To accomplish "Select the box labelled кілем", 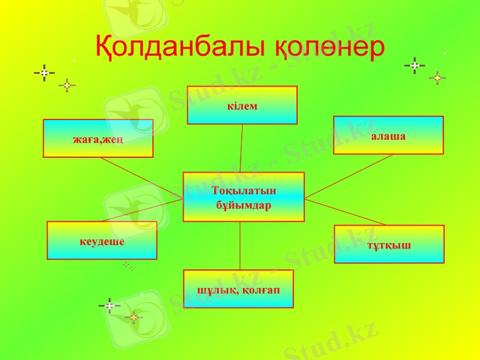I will coord(242,105).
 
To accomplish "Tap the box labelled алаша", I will coord(388,135).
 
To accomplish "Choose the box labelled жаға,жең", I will coord(98,139).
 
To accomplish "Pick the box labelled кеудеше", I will coord(102,240).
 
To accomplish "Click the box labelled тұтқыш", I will coord(389,244).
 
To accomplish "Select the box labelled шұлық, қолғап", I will coord(238,289).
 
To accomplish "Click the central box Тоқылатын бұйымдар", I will coord(243,197).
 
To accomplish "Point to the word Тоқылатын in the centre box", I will coord(244,191).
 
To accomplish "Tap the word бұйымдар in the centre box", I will coord(244,205).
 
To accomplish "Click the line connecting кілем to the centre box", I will coord(241,148).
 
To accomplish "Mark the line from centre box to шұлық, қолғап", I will coord(240,245).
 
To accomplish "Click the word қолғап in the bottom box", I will coord(262,290).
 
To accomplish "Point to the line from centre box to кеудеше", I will coord(142,211).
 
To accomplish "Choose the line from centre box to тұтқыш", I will coord(345,212).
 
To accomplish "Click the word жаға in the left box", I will coord(85,140).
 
